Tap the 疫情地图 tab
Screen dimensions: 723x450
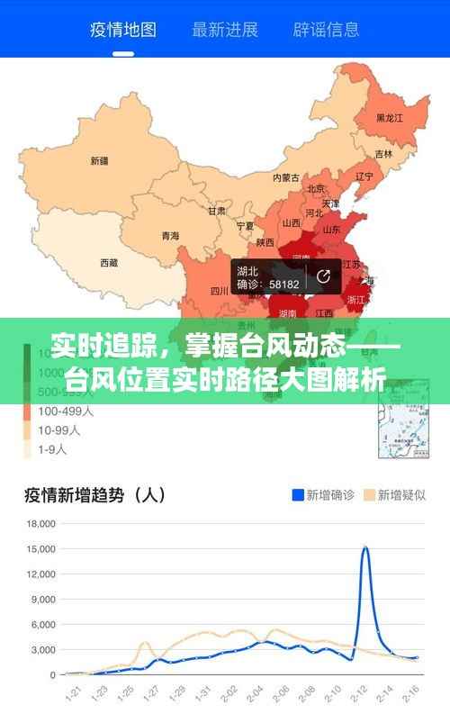(x=123, y=30)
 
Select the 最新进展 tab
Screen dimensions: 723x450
(x=224, y=30)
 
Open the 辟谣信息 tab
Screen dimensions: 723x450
(x=325, y=30)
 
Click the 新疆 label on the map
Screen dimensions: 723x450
(x=99, y=162)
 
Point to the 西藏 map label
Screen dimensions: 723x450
(x=108, y=263)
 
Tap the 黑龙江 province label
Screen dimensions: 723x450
(x=390, y=118)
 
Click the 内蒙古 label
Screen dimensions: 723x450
(x=286, y=177)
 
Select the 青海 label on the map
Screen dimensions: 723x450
(x=170, y=236)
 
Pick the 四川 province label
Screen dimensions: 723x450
(x=220, y=291)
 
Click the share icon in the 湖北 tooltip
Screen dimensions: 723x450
(x=323, y=276)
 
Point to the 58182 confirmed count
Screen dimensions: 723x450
(x=284, y=284)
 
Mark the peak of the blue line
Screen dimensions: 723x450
(x=365, y=547)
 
